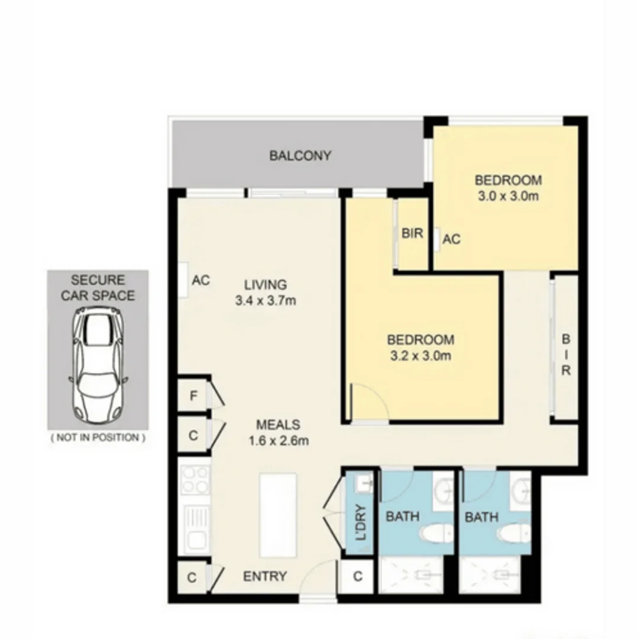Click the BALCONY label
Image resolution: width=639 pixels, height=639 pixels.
coord(300,156)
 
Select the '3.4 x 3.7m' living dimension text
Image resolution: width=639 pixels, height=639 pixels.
coord(265,301)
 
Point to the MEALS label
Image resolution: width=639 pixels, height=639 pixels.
coord(278,424)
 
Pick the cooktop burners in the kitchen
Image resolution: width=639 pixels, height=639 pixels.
coord(195,480)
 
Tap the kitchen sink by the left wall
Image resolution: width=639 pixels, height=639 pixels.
coord(195,529)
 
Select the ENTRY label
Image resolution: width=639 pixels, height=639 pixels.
coord(265,576)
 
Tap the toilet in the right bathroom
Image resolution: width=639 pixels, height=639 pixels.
coord(512,532)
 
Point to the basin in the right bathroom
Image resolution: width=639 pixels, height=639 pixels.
coord(521,489)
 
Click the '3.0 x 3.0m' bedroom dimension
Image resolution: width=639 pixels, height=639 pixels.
coord(508,196)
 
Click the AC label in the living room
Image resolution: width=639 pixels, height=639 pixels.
coord(201,280)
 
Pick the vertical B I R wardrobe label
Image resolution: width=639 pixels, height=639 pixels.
coord(566,356)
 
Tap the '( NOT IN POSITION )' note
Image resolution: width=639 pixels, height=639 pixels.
coord(98,438)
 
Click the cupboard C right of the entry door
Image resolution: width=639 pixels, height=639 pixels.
coord(357,576)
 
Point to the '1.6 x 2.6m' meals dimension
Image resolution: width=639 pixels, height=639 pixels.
coord(278,440)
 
